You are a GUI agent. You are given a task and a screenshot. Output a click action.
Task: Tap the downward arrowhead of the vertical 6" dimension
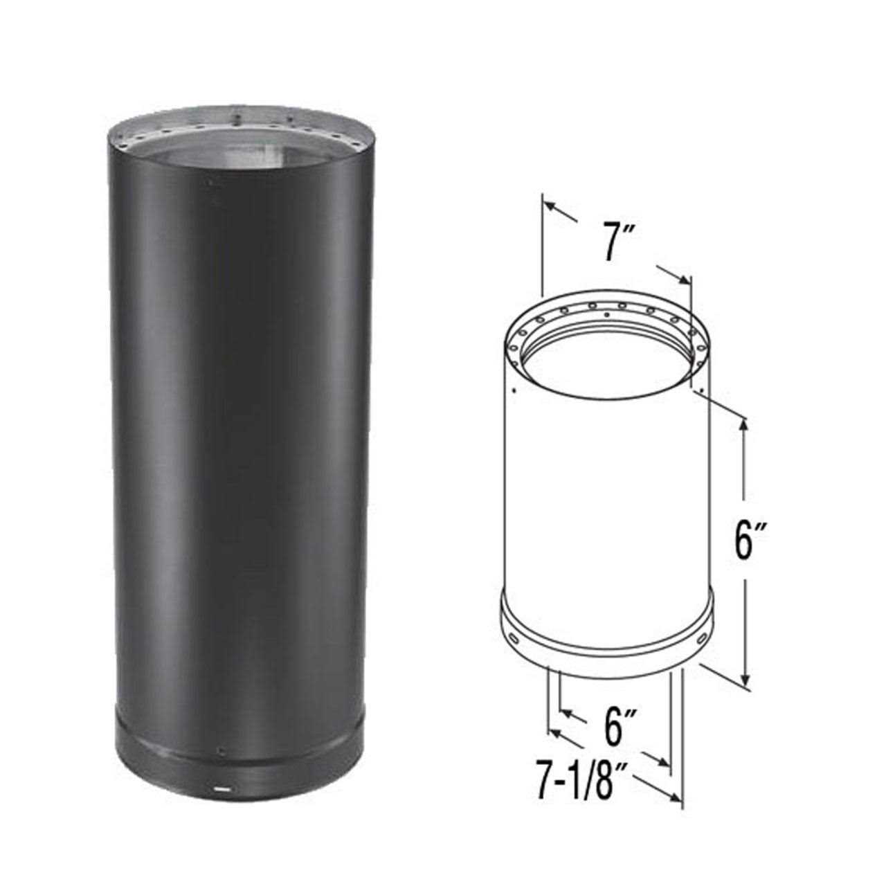[745, 685]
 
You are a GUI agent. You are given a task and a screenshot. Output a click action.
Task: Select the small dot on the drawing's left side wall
[512, 392]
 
